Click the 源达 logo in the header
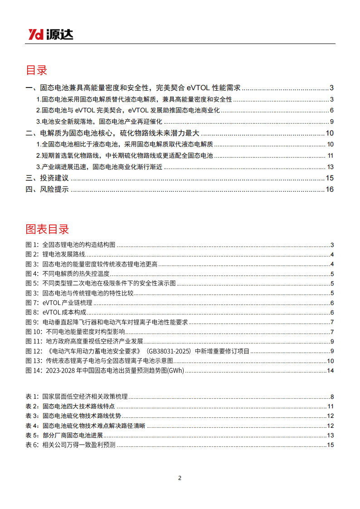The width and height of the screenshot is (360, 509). point(50,34)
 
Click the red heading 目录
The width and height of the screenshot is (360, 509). point(36,70)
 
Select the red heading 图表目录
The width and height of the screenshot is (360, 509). point(47,229)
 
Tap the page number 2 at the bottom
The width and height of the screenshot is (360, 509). point(180,478)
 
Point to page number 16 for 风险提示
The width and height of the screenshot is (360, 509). point(330,189)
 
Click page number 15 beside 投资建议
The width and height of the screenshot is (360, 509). point(330,178)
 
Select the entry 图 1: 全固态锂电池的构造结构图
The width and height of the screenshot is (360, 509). point(70,245)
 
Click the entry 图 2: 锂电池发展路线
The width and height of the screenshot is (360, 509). point(55,255)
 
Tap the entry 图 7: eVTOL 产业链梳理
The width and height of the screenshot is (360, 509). point(59,303)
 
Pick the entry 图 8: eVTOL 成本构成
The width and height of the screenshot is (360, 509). point(56,313)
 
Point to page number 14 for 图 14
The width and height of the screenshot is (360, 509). point(331,371)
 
